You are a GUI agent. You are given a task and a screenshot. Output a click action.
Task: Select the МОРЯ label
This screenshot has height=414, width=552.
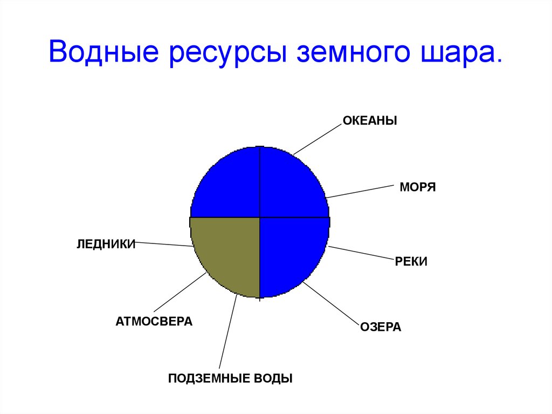[x=417, y=188]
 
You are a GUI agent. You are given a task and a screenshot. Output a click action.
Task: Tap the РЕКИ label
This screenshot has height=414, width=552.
[x=411, y=262]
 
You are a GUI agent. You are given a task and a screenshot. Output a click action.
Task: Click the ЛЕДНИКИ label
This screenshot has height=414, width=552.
[x=105, y=244]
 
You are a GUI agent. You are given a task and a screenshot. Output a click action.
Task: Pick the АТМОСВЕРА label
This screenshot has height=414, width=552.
[x=154, y=322]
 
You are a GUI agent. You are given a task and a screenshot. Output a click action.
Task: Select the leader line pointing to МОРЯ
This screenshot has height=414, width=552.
[x=360, y=191]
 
